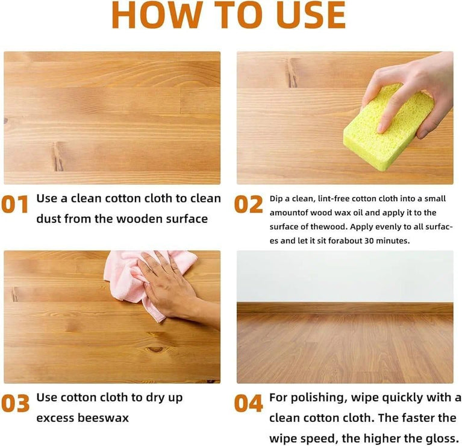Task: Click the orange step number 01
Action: tap(14, 204)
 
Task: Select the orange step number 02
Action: tap(248, 204)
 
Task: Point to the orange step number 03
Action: tap(15, 403)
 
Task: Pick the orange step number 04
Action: tap(248, 403)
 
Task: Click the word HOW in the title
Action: tap(157, 14)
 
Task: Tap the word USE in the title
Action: tap(311, 14)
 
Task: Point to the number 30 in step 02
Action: tap(369, 241)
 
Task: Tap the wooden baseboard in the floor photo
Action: tap(345, 308)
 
